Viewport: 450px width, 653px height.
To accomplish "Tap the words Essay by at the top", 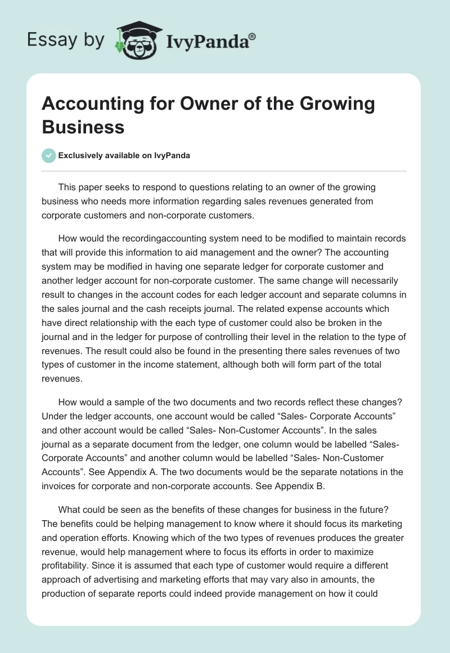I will pyautogui.click(x=66, y=40).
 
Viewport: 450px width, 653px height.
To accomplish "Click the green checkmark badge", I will pyautogui.click(x=49, y=155).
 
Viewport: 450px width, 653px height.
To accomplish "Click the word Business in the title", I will pyautogui.click(x=83, y=127).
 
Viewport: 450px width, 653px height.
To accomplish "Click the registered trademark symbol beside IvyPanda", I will pyautogui.click(x=252, y=35).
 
